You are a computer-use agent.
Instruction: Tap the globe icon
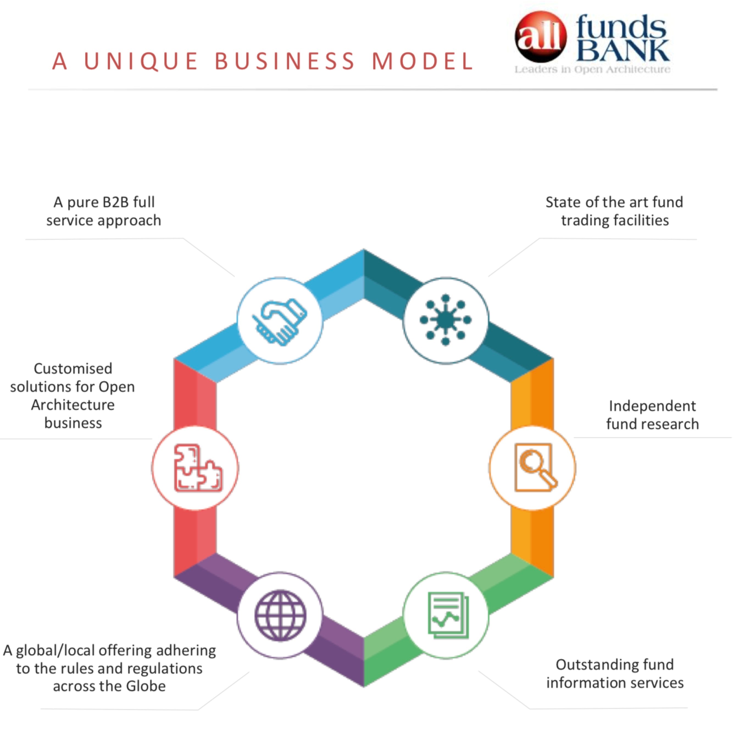[280, 615]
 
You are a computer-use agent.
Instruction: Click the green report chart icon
[446, 615]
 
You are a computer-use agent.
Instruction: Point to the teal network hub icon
[446, 320]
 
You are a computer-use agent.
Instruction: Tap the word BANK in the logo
[623, 50]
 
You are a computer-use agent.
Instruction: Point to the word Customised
[73, 368]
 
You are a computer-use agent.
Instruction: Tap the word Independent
[652, 406]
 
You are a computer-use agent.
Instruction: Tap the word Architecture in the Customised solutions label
[73, 405]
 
